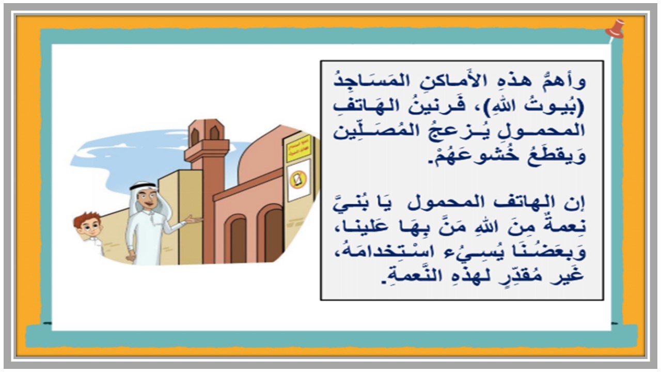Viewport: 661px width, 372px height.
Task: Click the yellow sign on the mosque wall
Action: [299, 148]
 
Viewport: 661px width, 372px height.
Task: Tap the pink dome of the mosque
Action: [261, 155]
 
